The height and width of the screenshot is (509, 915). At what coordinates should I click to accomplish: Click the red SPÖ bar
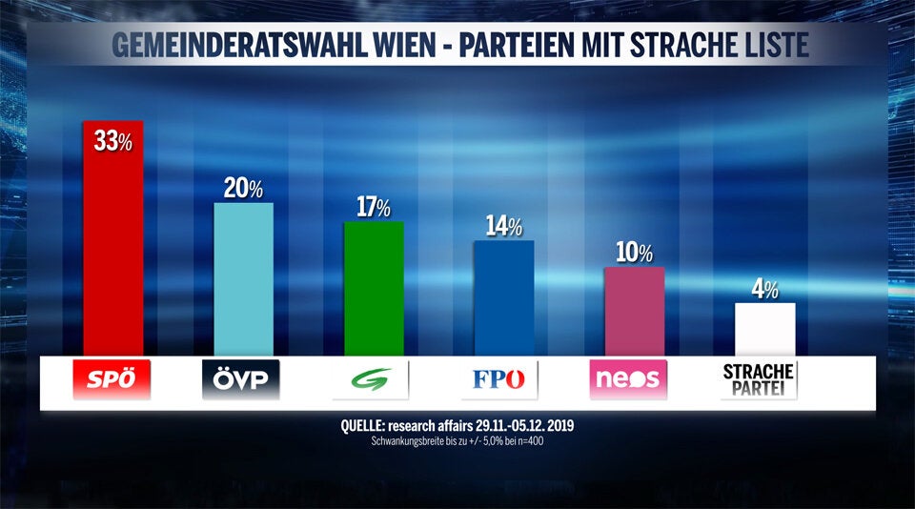113,248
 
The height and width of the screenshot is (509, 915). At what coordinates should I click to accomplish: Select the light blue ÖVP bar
243,281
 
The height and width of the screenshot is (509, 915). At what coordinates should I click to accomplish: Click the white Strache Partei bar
764,329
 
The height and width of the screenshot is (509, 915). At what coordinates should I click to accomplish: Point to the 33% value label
112,142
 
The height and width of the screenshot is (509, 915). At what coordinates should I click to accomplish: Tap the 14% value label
503,227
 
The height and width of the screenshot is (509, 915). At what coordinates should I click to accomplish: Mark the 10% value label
633,254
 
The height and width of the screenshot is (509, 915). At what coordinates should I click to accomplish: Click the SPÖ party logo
112,380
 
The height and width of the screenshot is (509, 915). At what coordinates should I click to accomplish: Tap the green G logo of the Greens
373,380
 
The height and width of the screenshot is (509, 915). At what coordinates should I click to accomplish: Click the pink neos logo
628,380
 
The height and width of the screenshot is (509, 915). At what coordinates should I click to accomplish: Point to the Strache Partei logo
759,379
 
